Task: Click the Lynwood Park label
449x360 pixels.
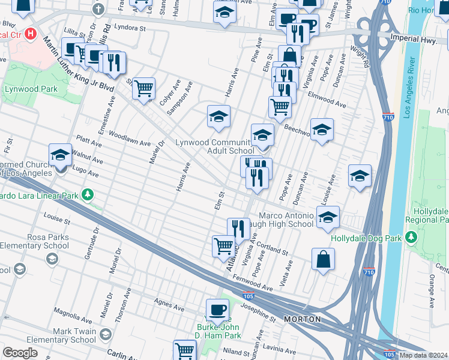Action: pyautogui.click(x=32, y=89)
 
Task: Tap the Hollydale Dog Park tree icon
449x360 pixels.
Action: pyautogui.click(x=412, y=238)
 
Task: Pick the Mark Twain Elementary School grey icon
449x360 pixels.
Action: pyautogui.click(x=106, y=334)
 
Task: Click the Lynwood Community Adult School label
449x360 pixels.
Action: pyautogui.click(x=214, y=147)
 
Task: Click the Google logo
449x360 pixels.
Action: pyautogui.click(x=20, y=353)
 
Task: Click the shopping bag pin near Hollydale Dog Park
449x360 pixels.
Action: pyautogui.click(x=323, y=260)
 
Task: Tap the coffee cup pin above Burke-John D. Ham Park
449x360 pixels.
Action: pyautogui.click(x=217, y=309)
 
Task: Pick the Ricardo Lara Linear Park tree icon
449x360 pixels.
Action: pyautogui.click(x=88, y=195)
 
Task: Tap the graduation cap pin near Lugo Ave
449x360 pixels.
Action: pyautogui.click(x=60, y=155)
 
